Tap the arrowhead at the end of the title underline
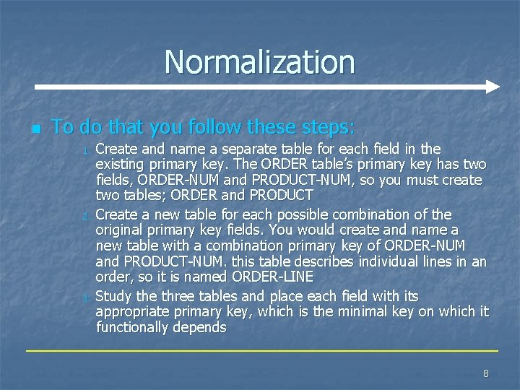click(x=493, y=87)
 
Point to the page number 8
click(x=485, y=373)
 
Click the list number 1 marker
click(x=84, y=150)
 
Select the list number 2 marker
click(x=84, y=216)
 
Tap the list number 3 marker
click(x=84, y=298)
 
